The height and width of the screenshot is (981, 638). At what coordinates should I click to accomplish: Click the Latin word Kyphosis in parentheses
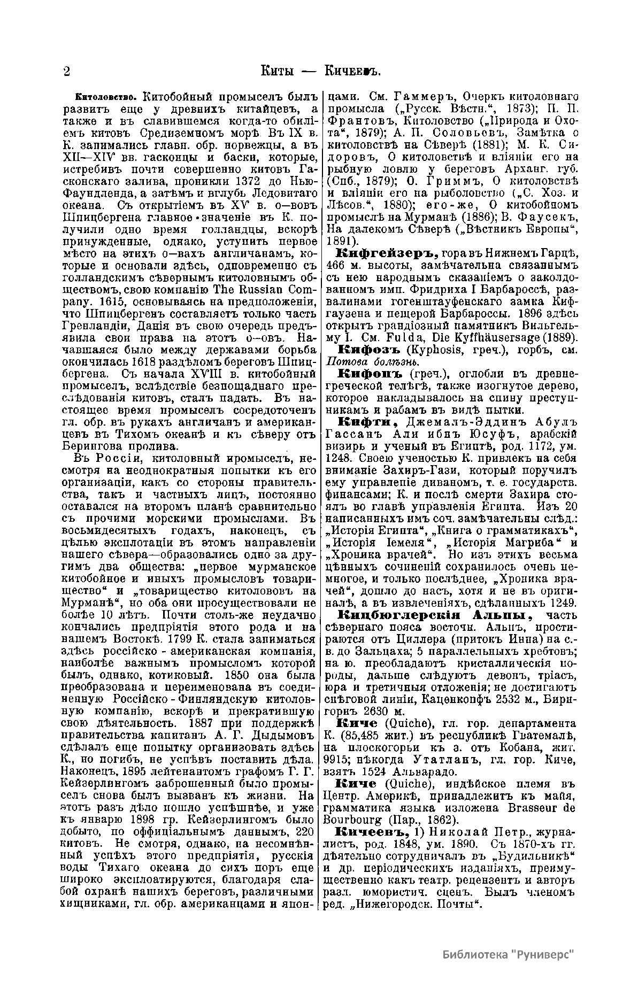pyautogui.click(x=434, y=351)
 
